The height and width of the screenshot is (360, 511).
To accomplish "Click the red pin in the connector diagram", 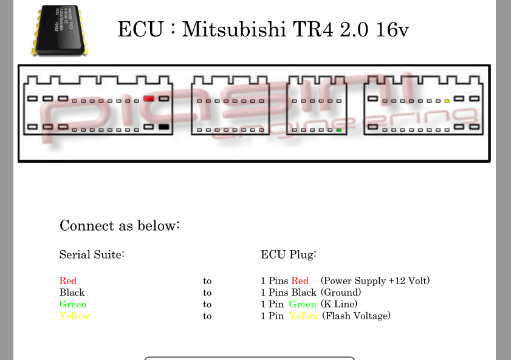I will click(149, 98).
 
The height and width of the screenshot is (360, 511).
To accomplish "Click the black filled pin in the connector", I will click(163, 127).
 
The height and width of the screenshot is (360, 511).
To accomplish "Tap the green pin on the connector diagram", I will click(338, 130).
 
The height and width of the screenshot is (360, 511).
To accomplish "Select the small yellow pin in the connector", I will click(447, 101).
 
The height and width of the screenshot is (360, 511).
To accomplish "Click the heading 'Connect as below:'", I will click(120, 226).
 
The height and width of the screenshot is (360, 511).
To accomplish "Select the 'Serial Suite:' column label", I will click(92, 254).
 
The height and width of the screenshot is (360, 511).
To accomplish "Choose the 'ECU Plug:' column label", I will click(289, 254).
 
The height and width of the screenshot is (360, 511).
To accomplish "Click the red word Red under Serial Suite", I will click(68, 281).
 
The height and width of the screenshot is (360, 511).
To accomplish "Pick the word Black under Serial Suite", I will click(72, 293).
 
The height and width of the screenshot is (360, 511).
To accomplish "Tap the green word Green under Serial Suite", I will click(73, 304).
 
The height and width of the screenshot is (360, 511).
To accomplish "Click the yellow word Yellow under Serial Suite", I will click(74, 316).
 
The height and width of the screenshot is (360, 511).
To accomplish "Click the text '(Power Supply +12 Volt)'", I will click(375, 281).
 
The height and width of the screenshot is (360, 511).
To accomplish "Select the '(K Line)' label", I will click(339, 304).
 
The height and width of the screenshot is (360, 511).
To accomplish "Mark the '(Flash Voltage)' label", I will click(356, 316).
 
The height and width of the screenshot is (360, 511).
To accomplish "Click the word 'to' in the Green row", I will click(207, 304).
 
